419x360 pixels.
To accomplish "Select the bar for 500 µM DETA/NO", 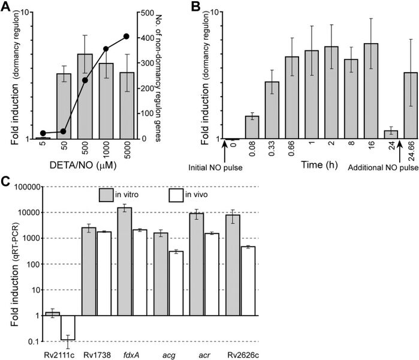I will [x=85, y=96].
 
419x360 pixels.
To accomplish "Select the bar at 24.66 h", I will [x=411, y=106].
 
